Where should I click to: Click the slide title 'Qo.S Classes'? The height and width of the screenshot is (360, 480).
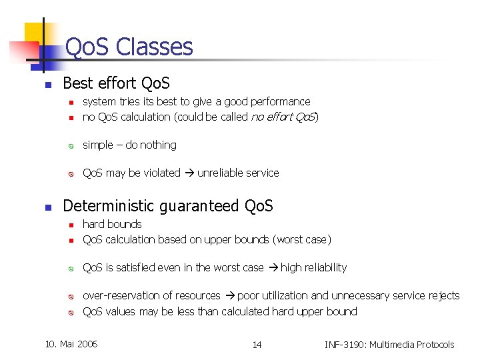pos(129,47)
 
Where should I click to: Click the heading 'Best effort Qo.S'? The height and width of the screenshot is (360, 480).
pos(116,83)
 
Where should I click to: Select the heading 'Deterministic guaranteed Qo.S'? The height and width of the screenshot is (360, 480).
pos(167,206)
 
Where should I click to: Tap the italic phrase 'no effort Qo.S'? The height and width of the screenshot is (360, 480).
pos(283,117)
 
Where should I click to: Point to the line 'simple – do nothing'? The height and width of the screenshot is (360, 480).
pos(129,145)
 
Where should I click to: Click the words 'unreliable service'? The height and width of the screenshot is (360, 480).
pos(238,173)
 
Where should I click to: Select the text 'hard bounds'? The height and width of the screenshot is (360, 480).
pos(112,225)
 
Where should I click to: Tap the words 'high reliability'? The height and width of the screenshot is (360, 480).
pos(313,268)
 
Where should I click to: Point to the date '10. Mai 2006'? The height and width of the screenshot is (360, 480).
pos(71,344)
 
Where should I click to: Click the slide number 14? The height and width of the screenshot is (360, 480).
pos(257,345)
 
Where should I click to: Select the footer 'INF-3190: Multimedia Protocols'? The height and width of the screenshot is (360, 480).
pos(389,345)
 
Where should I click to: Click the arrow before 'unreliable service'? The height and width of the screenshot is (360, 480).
pos(189,173)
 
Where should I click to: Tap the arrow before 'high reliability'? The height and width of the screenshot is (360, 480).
pos(272,268)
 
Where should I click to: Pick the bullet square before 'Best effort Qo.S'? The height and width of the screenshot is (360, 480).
pos(48,85)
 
